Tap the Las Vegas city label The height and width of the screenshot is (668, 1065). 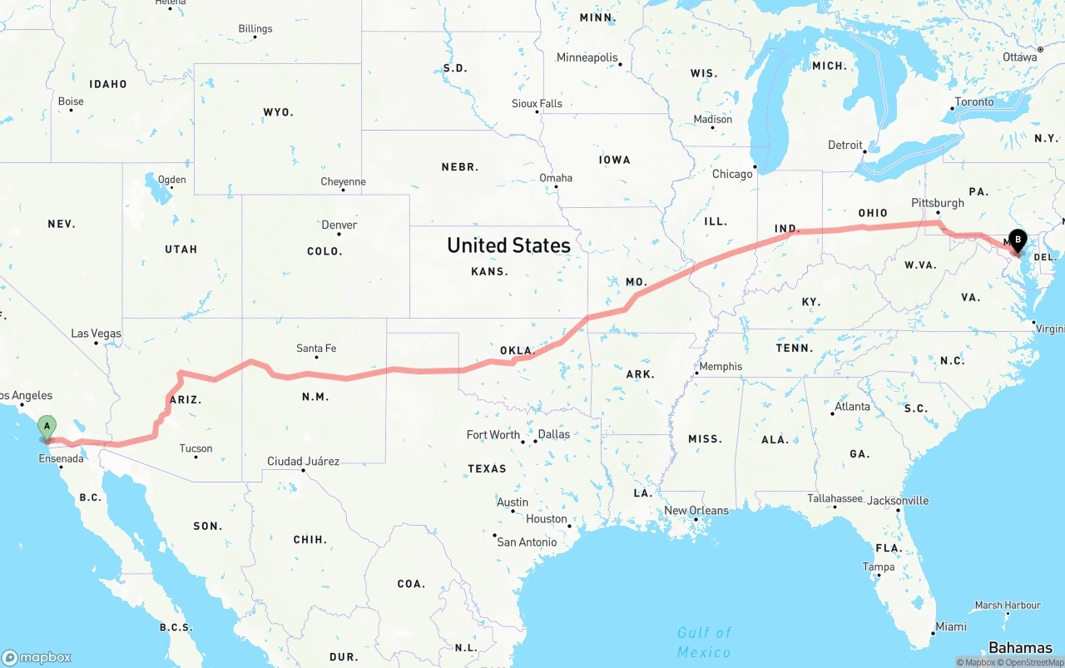pos(96,334)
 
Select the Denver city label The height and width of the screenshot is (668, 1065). pos(339,225)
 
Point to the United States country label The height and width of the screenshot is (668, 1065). pos(508,245)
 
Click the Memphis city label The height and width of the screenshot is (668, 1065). pos(721,366)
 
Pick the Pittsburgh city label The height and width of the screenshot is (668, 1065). pos(938,202)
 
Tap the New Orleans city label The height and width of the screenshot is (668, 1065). pos(696,511)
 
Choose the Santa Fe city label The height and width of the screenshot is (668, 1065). pos(316,349)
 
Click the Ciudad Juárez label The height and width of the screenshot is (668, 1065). pos(303,461)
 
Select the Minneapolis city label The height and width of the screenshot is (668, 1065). pos(587,57)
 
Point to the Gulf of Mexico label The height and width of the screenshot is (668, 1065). pos(704,641)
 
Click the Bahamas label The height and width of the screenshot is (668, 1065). pos(1020,648)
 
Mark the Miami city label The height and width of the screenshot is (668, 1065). pos(950,626)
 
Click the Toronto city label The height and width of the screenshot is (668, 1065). pos(973,101)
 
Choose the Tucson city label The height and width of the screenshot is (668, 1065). pos(196,448)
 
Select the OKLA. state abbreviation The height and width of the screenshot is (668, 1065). pos(517,351)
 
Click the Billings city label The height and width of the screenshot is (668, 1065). pos(255,28)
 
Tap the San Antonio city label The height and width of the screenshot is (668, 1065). pos(527,542)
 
